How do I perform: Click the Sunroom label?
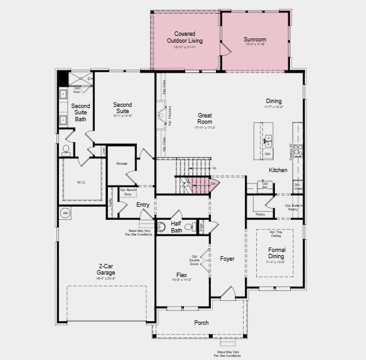256,40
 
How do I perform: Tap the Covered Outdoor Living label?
181,37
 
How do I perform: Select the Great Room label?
205,119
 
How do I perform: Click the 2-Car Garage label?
105,270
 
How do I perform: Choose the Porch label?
201,322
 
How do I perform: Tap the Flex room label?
181,275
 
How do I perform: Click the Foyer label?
227,259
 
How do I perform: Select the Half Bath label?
176,226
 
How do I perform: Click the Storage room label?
122,163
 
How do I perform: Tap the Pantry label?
260,214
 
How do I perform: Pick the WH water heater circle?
65,213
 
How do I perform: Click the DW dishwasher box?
267,153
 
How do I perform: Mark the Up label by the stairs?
214,168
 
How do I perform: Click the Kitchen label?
278,170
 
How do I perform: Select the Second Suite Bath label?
80,112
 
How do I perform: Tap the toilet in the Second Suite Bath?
67,150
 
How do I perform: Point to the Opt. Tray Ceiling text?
276,234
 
